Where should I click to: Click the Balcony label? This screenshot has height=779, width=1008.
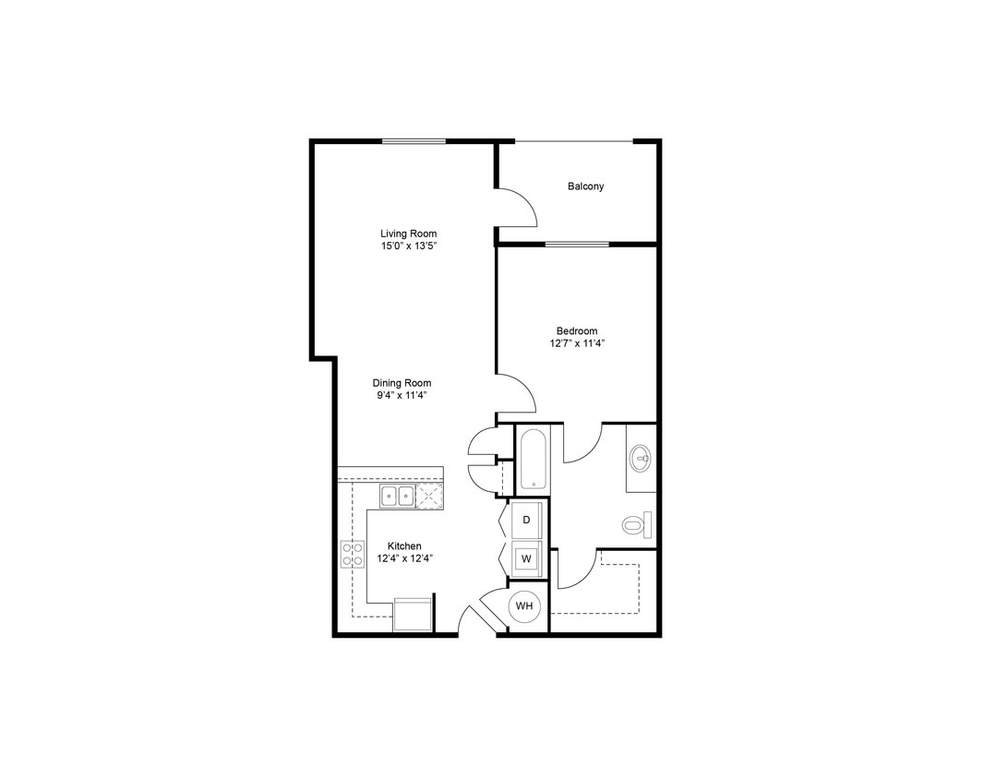point(585,186)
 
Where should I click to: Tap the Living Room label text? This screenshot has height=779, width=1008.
point(408,234)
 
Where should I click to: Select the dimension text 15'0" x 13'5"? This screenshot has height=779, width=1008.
point(408,246)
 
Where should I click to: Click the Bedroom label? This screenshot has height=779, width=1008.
point(576,331)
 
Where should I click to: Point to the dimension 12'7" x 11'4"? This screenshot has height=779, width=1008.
point(576,343)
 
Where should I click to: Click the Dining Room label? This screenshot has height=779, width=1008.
point(402,383)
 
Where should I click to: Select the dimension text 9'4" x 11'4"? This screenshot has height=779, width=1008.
point(402,396)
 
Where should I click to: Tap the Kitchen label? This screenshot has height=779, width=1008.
point(404,546)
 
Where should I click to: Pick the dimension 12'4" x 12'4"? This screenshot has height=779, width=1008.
point(404,558)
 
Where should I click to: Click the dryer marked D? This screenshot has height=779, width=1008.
point(526,520)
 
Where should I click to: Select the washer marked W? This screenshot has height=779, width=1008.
point(526,558)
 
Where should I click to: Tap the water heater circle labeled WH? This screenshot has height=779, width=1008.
point(524,606)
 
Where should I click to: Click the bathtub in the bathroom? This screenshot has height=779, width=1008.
point(533,460)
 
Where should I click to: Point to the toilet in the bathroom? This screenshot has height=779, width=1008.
point(635,525)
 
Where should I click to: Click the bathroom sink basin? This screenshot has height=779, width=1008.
point(640,457)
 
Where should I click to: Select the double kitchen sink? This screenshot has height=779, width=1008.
point(398,497)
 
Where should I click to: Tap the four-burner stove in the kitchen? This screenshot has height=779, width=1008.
point(353,554)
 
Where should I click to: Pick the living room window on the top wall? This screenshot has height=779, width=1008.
point(414,141)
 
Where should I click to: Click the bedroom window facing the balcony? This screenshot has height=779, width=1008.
point(577,245)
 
